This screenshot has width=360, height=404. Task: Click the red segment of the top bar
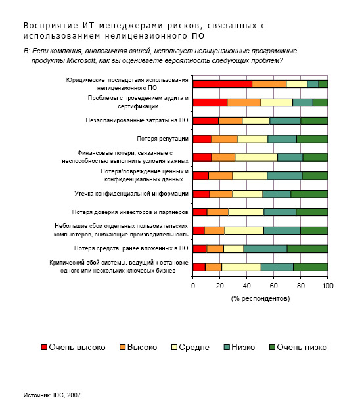(223, 84)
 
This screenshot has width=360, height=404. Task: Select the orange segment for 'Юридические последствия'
(269, 84)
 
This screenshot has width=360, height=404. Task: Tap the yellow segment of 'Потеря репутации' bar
(252, 139)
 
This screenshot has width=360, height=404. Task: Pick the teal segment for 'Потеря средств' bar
(265, 249)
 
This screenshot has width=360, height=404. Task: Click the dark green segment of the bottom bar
(311, 267)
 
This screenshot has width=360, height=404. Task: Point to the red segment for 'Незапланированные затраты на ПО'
(206, 121)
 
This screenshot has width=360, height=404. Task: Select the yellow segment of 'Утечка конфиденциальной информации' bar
(248, 194)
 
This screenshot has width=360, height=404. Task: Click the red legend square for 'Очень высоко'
(44, 347)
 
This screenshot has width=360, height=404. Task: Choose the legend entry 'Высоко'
(139, 347)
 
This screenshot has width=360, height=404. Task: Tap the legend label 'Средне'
(194, 347)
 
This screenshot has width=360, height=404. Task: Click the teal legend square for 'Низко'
(227, 347)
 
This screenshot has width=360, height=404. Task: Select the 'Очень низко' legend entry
(298, 347)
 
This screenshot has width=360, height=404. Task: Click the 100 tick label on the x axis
(328, 286)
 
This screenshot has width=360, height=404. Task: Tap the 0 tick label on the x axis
(193, 286)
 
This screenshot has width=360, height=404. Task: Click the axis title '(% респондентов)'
(260, 298)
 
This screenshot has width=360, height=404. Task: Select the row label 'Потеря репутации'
(163, 139)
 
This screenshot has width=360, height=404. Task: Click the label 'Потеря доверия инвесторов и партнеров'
(130, 212)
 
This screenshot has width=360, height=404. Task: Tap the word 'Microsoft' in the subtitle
(81, 60)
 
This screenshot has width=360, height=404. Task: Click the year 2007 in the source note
(74, 395)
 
